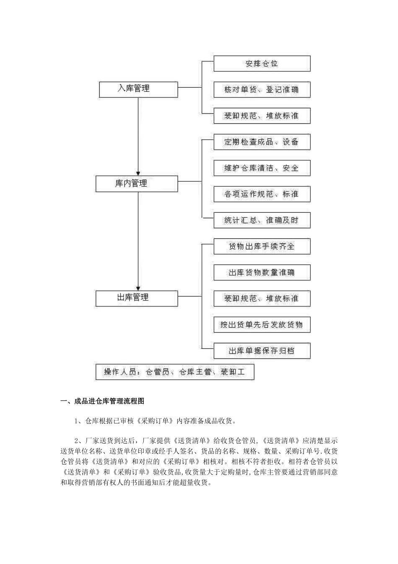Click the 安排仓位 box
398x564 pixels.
[262, 64]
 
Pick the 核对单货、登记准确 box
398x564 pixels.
[262, 90]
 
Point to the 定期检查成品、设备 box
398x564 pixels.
[262, 142]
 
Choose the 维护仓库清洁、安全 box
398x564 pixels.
[262, 168]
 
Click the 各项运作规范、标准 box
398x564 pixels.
[262, 194]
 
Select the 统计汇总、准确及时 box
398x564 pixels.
[262, 220]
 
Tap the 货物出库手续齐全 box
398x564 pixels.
[262, 246]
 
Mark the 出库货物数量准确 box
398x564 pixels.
[262, 272]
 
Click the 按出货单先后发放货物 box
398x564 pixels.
[262, 324]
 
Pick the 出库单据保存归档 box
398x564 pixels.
[262, 350]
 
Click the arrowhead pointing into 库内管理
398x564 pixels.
[138, 172]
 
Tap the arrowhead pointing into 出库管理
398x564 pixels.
[138, 287]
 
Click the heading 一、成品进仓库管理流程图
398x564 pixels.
[103, 401]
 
